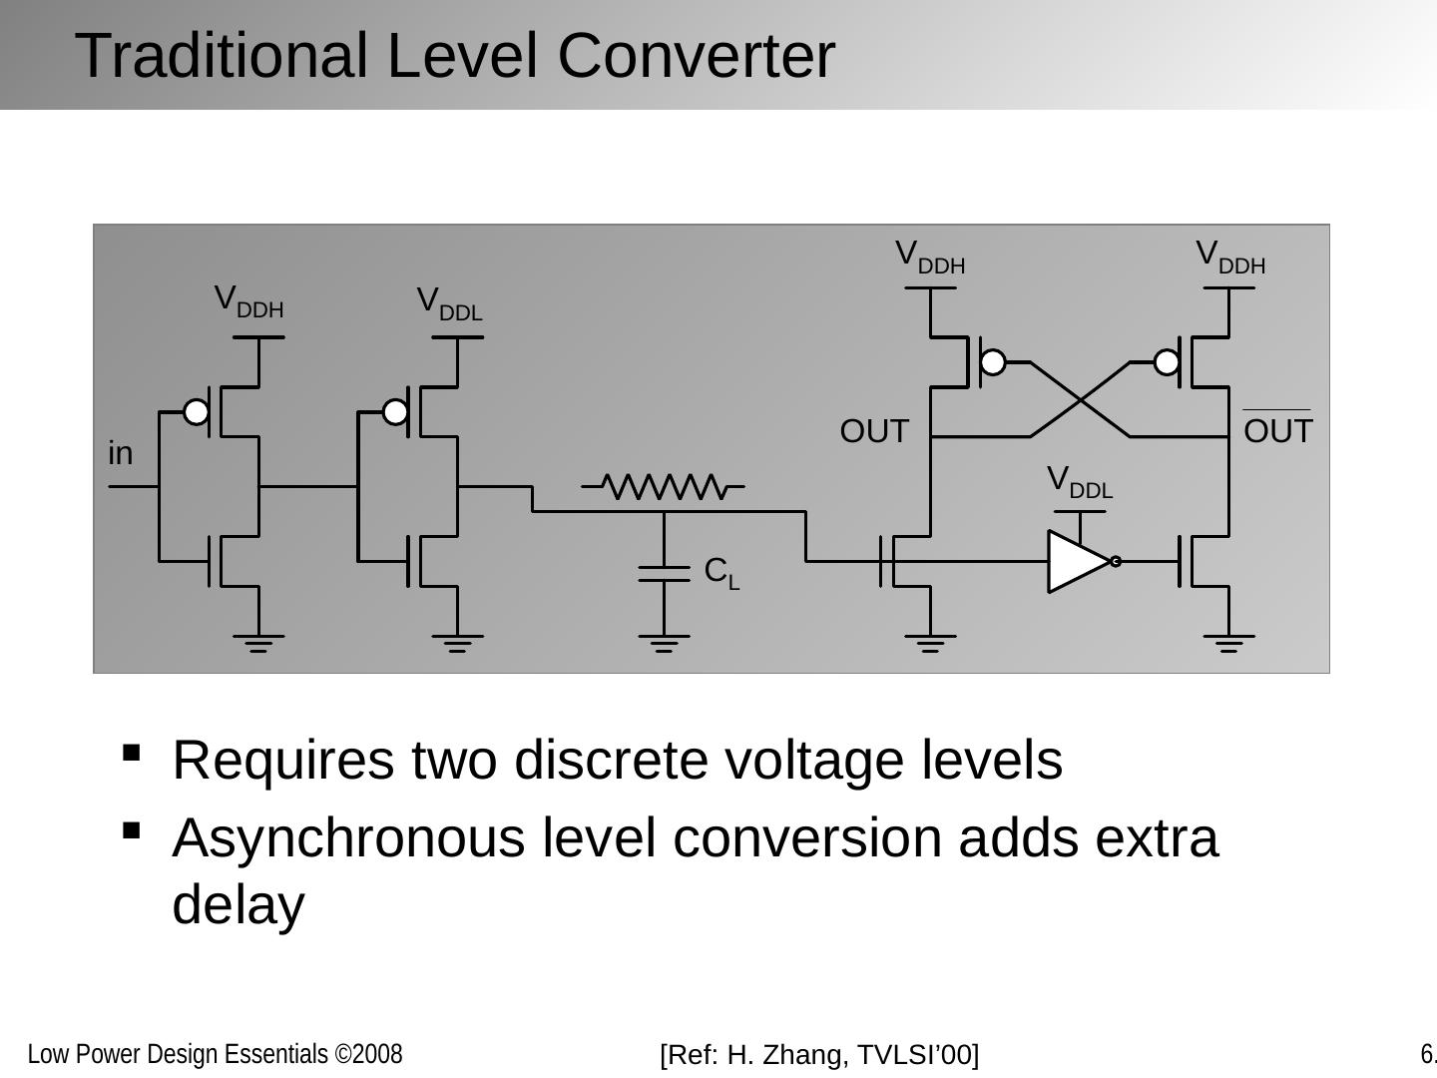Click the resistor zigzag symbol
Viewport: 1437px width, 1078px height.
point(664,487)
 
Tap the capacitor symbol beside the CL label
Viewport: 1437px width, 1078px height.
point(664,573)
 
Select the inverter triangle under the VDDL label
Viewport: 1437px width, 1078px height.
point(1079,561)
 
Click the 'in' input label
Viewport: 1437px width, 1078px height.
point(121,454)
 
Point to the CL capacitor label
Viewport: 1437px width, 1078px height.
point(721,573)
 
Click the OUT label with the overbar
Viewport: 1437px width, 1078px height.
point(1277,431)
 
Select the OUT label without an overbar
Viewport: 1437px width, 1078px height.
point(874,431)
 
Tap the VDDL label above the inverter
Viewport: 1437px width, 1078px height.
point(1079,482)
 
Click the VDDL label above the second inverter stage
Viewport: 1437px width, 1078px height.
point(449,303)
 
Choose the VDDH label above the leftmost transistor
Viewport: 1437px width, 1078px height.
point(248,301)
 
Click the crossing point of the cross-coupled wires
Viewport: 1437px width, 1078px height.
point(1080,399)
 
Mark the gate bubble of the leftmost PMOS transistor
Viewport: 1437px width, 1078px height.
point(197,411)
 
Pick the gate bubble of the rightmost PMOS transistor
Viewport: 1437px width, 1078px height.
point(1167,362)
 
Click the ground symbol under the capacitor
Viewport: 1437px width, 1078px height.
point(664,641)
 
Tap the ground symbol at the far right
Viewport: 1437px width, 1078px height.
point(1228,641)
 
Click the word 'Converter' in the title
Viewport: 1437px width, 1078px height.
point(696,56)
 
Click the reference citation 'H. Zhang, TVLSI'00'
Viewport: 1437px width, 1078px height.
point(820,1054)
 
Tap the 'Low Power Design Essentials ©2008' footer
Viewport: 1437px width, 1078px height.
point(215,1054)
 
